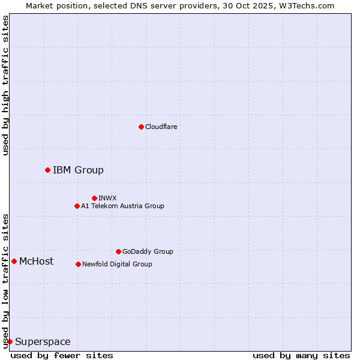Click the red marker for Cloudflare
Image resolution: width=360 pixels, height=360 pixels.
pos(141,127)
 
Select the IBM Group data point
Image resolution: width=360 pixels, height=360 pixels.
pos(47,170)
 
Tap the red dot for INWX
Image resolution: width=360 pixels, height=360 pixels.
pos(94,198)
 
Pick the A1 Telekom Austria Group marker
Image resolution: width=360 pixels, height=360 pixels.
pos(77,206)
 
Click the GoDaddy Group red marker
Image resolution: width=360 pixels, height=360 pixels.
pos(118,251)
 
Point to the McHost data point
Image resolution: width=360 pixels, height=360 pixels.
pos(14,261)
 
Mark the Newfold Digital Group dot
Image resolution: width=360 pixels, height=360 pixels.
pos(78,264)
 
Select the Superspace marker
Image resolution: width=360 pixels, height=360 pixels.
pos(10,341)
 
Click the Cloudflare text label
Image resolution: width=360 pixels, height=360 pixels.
pos(161,127)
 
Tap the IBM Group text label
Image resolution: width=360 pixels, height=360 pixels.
pos(78,170)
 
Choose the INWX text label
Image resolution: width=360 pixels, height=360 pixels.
pos(107,198)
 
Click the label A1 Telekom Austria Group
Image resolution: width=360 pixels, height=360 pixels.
pos(122,206)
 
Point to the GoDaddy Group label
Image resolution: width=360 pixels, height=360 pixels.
pos(147,251)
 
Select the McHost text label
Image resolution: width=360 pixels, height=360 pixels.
pos(36,261)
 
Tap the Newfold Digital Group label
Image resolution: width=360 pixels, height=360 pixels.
pos(117,264)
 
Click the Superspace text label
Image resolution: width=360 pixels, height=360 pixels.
pos(43,342)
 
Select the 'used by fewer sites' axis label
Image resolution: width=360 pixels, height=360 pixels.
pos(62,355)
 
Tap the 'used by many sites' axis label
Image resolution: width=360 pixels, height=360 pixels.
pos(301,355)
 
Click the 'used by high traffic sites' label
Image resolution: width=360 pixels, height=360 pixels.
pos(5,85)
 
